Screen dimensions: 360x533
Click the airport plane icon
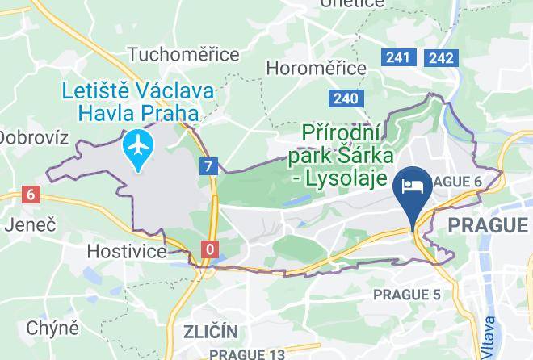coord(140,147)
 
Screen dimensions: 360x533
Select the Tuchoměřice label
coord(183,54)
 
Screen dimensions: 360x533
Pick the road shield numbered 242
coord(441,57)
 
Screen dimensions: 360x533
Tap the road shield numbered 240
coord(344,98)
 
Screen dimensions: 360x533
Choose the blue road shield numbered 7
coord(210,166)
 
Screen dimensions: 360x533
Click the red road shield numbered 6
coord(31,194)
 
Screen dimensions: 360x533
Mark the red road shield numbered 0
coord(210,249)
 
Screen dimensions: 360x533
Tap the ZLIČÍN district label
coord(210,332)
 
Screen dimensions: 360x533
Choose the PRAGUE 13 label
coord(247,354)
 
